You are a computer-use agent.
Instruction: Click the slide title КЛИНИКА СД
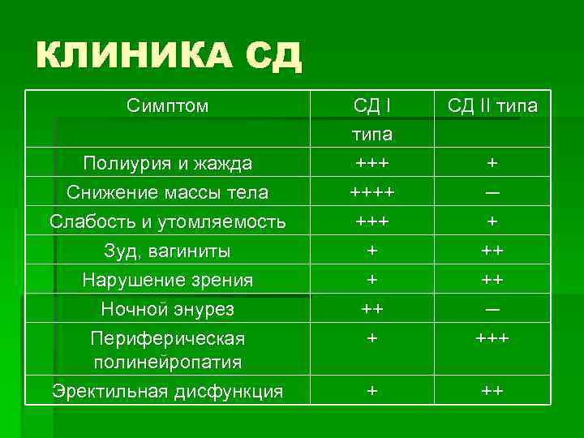pyautogui.click(x=169, y=55)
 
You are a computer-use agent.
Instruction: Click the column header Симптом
pyautogui.click(x=168, y=105)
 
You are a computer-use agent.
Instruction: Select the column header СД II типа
pyautogui.click(x=492, y=106)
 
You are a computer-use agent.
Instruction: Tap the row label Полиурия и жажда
pyautogui.click(x=168, y=163)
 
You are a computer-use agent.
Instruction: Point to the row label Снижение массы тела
pyautogui.click(x=168, y=192)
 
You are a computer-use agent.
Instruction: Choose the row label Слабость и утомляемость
pyautogui.click(x=168, y=221)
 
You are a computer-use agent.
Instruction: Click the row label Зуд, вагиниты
pyautogui.click(x=168, y=251)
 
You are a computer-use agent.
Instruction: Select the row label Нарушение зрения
pyautogui.click(x=168, y=280)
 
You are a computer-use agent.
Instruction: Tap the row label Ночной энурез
pyautogui.click(x=168, y=309)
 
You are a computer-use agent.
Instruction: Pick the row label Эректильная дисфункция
pyautogui.click(x=168, y=392)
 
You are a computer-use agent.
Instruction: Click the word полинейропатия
pyautogui.click(x=168, y=361)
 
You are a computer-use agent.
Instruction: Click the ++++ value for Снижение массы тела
pyautogui.click(x=372, y=192)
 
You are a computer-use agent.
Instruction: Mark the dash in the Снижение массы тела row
pyautogui.click(x=492, y=193)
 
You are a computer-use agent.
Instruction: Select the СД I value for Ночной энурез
pyautogui.click(x=372, y=309)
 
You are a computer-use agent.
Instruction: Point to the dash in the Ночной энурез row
pyautogui.click(x=492, y=310)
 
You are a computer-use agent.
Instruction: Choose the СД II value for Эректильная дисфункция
pyautogui.click(x=492, y=391)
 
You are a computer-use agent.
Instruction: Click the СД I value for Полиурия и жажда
pyautogui.click(x=372, y=163)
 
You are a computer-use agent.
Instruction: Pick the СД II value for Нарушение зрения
pyautogui.click(x=492, y=280)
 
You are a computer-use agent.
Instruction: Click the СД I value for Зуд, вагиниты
pyautogui.click(x=372, y=251)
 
